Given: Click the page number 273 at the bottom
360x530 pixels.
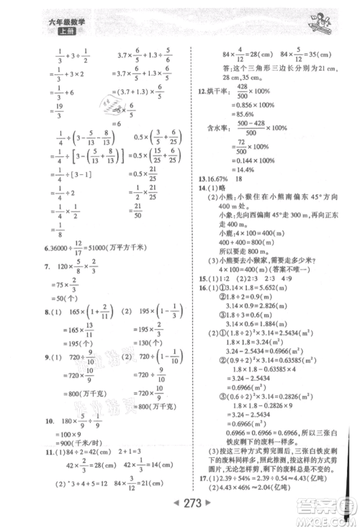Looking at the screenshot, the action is pyautogui.click(x=180, y=515).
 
